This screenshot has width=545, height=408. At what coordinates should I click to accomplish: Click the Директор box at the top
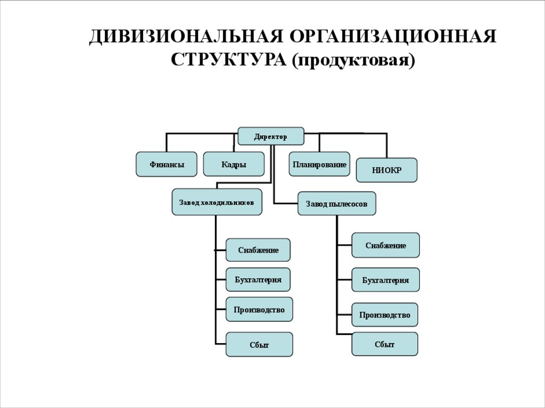tap(270, 136)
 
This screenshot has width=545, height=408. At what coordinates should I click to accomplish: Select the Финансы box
tap(167, 164)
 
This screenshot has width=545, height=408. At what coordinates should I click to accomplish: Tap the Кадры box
tap(234, 164)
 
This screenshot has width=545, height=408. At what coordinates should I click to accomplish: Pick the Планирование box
tap(319, 164)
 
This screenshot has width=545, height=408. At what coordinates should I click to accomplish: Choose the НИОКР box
tap(386, 170)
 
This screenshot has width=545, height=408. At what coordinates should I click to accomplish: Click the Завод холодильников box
tap(217, 202)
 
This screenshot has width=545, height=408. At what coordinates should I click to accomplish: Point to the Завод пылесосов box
tap(336, 204)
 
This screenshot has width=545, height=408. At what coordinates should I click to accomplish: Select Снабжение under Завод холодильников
tap(258, 250)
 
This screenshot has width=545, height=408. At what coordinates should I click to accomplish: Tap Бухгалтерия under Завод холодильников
tap(258, 279)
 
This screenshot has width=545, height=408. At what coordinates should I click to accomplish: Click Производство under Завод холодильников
tap(259, 310)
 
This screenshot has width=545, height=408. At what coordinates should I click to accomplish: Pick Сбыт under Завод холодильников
tap(259, 345)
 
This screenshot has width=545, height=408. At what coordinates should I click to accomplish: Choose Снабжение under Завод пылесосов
tap(385, 245)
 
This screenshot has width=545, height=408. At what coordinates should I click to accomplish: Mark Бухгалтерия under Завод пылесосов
tap(385, 280)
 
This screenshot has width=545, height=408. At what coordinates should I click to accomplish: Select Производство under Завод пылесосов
tap(385, 315)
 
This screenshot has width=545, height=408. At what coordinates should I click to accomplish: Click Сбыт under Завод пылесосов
tap(385, 344)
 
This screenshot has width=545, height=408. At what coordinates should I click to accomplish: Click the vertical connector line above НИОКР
tap(386, 145)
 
